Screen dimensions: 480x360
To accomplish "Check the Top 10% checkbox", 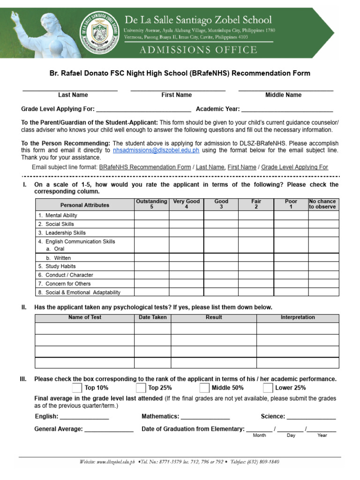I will click(77, 388).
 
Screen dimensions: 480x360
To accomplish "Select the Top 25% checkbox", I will click(141, 388).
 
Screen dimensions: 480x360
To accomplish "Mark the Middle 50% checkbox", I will click(204, 388).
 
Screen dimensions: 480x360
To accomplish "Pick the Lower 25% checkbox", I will click(268, 388).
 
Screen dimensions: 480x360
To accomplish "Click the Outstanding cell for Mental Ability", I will click(151, 216).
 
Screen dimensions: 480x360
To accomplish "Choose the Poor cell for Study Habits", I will click(291, 266).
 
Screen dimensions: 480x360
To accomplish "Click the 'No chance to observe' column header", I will click(323, 204).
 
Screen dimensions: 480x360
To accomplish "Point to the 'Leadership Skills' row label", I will click(66, 233).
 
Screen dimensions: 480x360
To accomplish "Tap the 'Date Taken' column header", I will click(152, 318).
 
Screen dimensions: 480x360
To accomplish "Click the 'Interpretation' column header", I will click(298, 318).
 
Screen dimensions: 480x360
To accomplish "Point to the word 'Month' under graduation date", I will click(259, 435).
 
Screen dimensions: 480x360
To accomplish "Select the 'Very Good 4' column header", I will click(186, 204).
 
